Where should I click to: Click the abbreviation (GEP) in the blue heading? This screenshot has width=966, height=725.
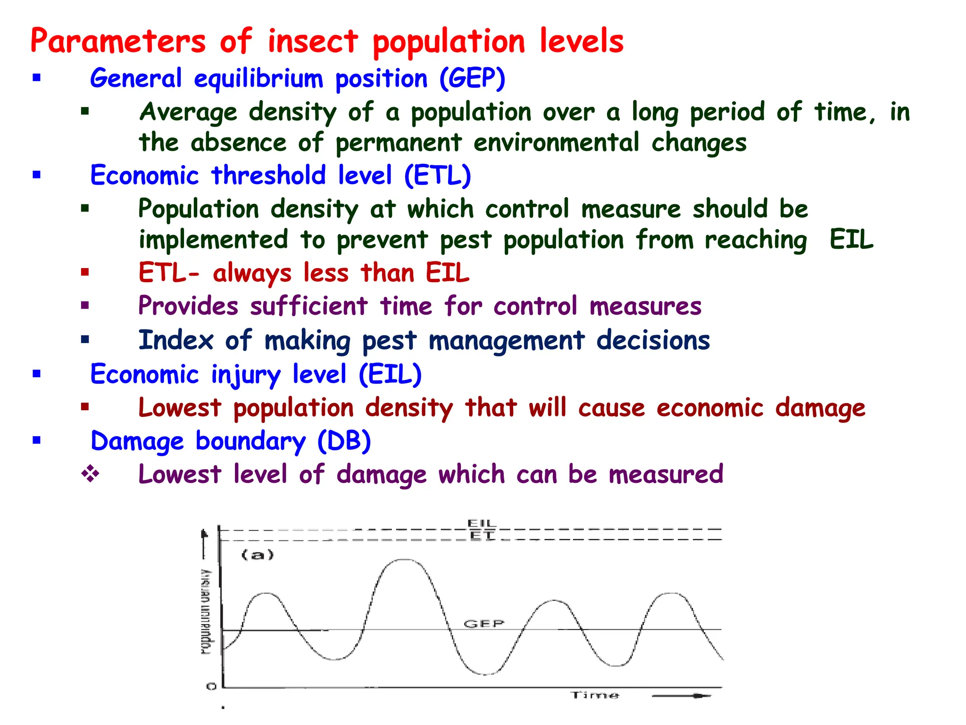[472, 78]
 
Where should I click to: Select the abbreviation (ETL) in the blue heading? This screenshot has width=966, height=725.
[437, 176]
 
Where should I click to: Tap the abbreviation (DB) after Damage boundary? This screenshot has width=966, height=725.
[344, 442]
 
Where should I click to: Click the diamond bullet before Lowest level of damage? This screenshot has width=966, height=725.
[90, 474]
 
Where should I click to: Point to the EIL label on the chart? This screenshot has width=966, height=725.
[482, 523]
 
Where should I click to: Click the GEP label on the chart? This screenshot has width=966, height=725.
[484, 624]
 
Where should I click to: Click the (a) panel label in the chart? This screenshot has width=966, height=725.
[258, 555]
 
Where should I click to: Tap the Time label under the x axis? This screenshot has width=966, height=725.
[594, 695]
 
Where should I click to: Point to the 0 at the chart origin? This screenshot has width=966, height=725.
[211, 686]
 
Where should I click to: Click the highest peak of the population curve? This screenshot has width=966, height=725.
[405, 560]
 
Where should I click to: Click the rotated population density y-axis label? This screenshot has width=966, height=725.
[206, 612]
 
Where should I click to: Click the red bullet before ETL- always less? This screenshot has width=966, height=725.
[85, 272]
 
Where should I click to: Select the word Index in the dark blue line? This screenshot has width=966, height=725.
[175, 340]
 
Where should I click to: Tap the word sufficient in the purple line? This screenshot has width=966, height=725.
[308, 306]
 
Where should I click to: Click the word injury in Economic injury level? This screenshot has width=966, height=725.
[245, 375]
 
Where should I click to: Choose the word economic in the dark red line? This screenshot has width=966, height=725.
[710, 408]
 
